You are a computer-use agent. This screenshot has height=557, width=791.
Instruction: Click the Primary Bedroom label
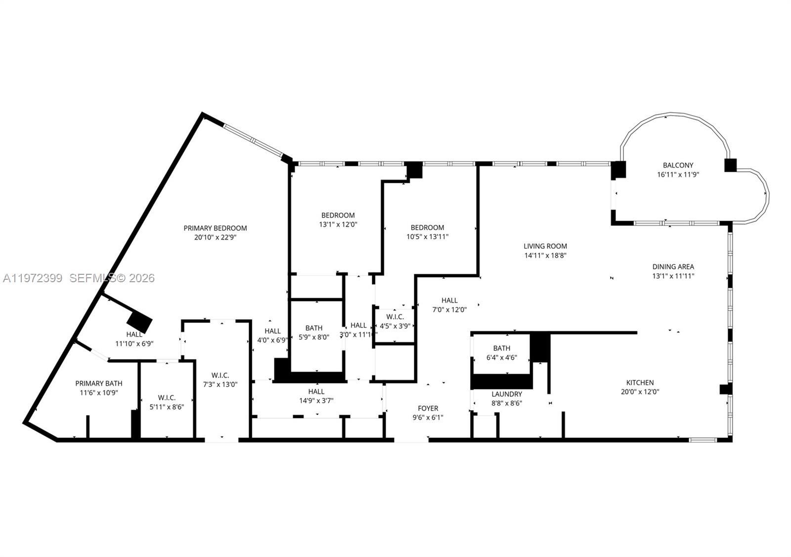(x=215, y=228)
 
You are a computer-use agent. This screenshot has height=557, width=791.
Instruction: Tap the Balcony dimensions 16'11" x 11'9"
(x=678, y=174)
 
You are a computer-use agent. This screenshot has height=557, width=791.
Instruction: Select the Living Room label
(x=545, y=246)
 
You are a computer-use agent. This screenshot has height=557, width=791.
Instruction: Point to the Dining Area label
(x=673, y=267)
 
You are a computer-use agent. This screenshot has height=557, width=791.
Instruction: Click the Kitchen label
(x=640, y=383)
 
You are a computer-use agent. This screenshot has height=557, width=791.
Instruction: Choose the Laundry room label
(x=506, y=394)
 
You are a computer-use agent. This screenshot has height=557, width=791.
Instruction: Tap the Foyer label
(x=428, y=408)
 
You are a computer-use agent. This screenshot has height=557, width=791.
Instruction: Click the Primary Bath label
(x=99, y=384)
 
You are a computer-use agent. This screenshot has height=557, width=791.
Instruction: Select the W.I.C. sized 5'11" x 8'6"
(x=167, y=398)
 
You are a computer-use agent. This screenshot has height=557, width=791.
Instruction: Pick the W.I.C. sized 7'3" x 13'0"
(x=220, y=376)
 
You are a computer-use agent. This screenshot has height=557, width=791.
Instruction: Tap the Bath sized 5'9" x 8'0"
(x=314, y=328)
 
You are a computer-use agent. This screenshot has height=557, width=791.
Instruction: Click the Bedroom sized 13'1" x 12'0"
(x=338, y=215)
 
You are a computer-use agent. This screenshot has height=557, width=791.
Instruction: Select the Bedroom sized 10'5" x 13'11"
(x=427, y=228)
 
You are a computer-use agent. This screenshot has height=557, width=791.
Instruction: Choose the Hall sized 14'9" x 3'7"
(x=316, y=392)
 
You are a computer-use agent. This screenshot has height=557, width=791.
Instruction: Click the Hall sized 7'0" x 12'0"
(x=449, y=300)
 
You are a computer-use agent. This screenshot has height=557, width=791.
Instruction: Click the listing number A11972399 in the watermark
(x=33, y=278)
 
